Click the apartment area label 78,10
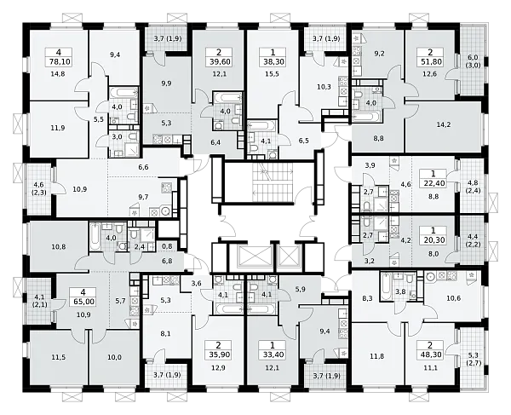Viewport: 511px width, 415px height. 58,61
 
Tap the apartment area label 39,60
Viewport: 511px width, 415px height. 219,61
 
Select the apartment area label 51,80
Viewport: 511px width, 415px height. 430,61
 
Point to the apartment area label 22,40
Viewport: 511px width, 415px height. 433,183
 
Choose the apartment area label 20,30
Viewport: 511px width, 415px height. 433,240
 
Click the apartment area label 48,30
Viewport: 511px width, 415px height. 430,354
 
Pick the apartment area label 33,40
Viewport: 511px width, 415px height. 273,354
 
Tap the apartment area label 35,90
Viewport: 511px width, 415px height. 219,354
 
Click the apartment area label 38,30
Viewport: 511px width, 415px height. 273,61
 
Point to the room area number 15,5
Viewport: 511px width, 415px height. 273,74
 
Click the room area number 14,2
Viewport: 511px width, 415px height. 444,124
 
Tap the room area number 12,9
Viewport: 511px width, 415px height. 219,368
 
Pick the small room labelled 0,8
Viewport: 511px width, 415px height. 167,247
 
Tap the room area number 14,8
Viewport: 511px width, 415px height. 58,74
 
